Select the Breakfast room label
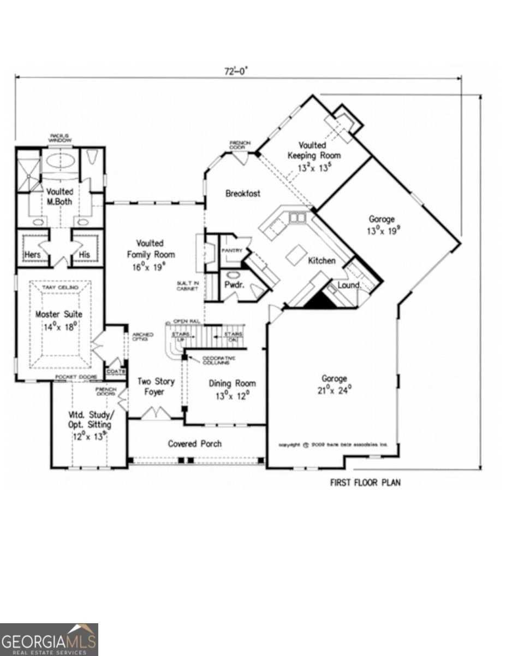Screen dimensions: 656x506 243,194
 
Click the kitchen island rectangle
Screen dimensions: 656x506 295,255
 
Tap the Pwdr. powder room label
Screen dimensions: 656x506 233,285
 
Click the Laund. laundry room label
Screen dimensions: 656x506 349,285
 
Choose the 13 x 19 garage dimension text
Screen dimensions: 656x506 381,231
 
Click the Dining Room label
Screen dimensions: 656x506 233,383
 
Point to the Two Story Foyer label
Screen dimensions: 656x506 151,386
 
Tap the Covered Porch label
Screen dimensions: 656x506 195,443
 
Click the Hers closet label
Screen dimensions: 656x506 32,255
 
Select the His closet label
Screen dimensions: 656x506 84,255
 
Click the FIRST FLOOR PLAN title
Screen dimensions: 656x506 365,483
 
